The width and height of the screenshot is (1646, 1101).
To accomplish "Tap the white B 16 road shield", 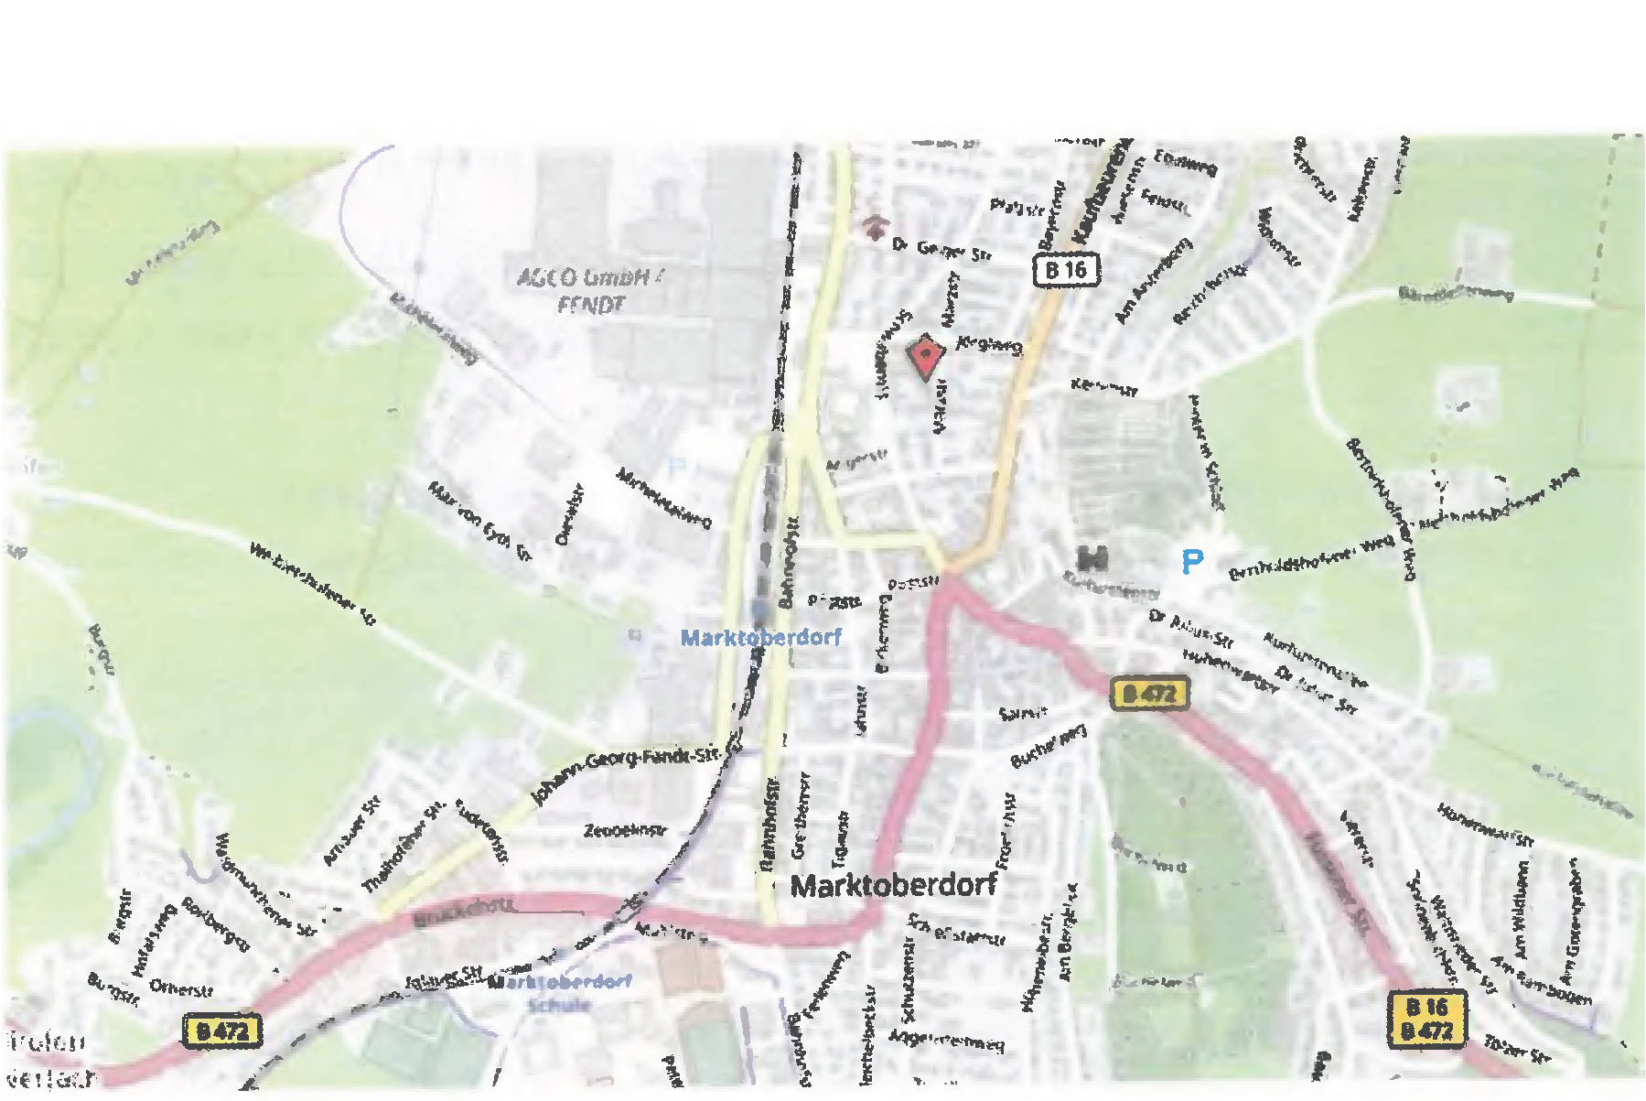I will (1066, 270).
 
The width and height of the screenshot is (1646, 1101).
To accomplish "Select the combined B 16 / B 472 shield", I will (1426, 1019).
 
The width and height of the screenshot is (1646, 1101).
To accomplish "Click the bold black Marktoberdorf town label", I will (893, 885).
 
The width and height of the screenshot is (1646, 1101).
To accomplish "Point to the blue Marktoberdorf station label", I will (760, 637).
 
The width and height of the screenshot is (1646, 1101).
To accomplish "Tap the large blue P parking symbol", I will (1191, 561).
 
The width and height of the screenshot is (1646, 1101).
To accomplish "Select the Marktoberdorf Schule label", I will (560, 992).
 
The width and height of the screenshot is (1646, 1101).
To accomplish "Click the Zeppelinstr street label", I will (626, 831).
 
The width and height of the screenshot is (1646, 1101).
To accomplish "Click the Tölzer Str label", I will (1517, 1050).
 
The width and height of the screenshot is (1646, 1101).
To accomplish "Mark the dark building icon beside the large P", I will (1093, 556).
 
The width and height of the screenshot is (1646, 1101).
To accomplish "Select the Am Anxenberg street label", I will (1153, 281).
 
